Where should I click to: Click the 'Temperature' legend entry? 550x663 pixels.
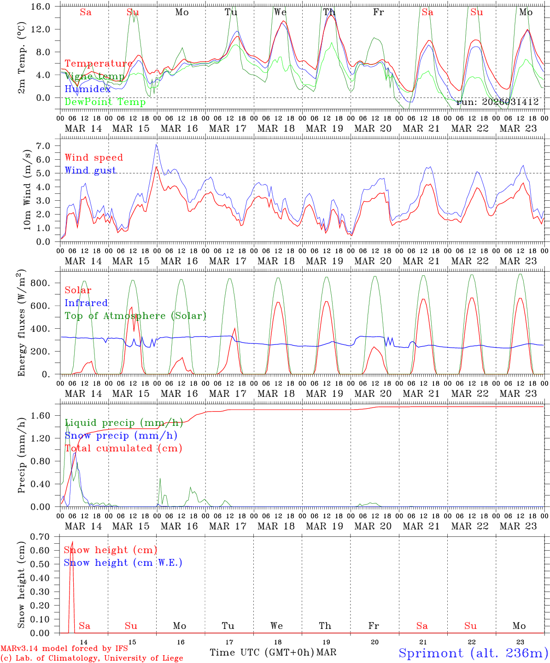[99, 64]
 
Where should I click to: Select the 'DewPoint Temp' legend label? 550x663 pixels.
[105, 102]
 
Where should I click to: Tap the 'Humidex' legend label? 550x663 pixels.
[88, 89]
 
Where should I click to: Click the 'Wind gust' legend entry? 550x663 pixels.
[90, 170]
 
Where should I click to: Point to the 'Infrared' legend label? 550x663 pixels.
[86, 303]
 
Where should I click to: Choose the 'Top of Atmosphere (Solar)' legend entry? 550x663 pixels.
[135, 316]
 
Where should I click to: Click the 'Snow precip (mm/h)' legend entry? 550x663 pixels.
[121, 436]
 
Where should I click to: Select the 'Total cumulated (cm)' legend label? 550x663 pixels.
[123, 448]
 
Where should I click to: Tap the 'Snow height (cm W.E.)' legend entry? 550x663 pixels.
[123, 563]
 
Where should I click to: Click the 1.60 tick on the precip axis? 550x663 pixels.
[45, 416]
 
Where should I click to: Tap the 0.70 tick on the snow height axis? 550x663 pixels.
[45, 536]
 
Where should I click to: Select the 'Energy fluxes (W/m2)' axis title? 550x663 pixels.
[22, 324]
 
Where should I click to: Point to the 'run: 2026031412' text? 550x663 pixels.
[497, 102]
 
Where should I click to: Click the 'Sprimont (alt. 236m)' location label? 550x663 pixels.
[473, 653]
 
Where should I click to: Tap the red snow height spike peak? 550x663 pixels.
[72, 541]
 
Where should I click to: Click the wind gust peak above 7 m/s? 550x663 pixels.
[157, 144]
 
